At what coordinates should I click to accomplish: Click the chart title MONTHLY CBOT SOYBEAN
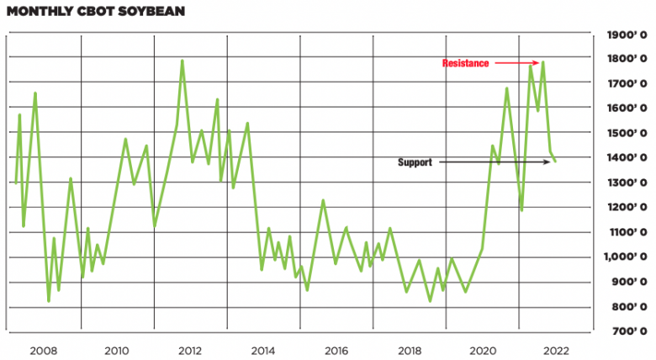(95, 13)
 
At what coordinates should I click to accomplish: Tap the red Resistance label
(466, 64)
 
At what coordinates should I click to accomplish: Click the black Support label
(415, 162)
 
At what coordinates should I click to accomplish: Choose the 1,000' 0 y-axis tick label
(623, 257)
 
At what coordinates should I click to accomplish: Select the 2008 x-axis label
(44, 350)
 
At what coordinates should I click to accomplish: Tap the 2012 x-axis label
(190, 350)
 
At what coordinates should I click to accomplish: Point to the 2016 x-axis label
(336, 350)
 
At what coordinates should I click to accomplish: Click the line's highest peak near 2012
(182, 61)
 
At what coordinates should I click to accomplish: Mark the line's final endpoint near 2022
(555, 161)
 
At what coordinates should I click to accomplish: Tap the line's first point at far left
(15, 183)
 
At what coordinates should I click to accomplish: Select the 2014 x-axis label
(263, 350)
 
